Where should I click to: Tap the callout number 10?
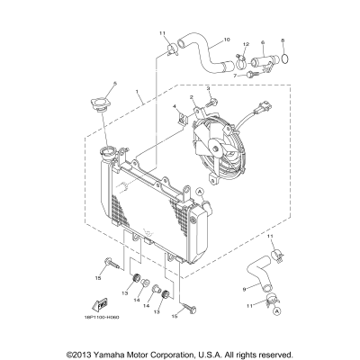tap(226, 40)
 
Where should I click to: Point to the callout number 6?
tap(262, 42)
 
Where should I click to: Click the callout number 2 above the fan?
tap(192, 95)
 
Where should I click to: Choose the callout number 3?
tap(208, 88)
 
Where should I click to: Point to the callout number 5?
tap(114, 83)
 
